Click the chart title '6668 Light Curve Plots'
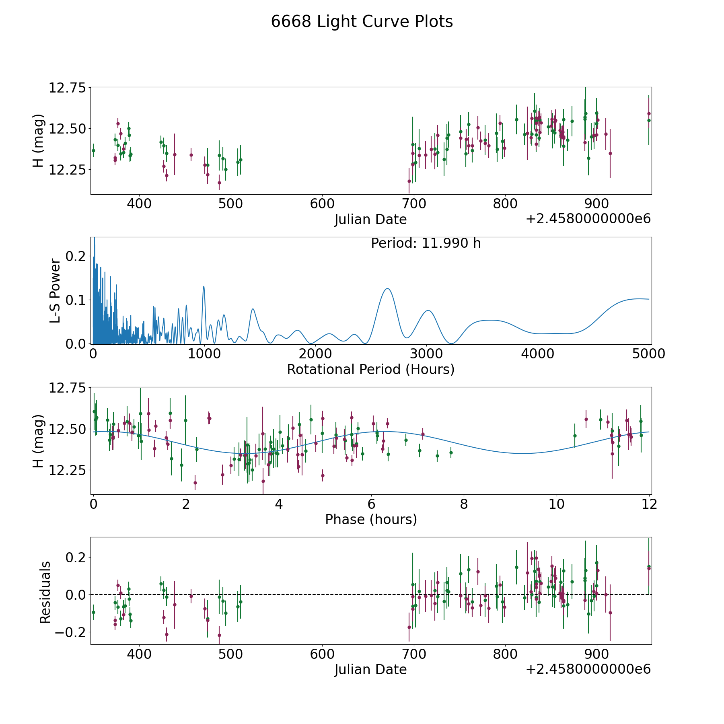coord(362,22)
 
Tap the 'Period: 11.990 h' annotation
coord(426,243)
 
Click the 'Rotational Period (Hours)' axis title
coord(370,369)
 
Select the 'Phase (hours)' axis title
coord(371,519)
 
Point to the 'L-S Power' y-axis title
coord(56,291)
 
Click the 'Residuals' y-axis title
coord(45,592)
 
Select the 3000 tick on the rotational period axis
coord(426,354)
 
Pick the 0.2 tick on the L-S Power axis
coord(76,256)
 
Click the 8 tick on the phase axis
coord(464,504)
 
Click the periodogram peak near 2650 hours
coord(387,288)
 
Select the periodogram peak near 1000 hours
coord(204,286)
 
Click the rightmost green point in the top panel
coord(648,120)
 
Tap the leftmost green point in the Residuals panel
coord(93,612)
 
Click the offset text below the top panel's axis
coord(588,219)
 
